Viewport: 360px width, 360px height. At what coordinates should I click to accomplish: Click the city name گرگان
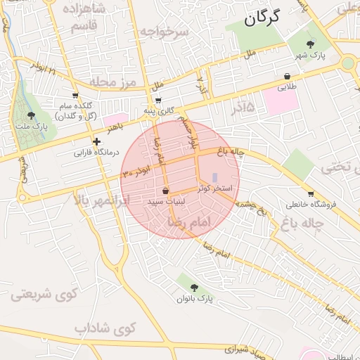coord(262,18)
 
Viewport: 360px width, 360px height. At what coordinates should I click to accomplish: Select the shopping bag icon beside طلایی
coord(287,76)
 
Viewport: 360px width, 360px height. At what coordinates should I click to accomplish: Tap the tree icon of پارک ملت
coord(30,115)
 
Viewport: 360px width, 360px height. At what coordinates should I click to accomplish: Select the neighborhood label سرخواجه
coord(165,32)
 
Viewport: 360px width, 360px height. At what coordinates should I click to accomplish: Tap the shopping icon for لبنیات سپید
coord(165,191)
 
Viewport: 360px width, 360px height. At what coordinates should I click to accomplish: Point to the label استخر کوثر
coord(214,188)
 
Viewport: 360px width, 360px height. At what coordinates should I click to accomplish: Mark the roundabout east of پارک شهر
coord(348,63)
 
